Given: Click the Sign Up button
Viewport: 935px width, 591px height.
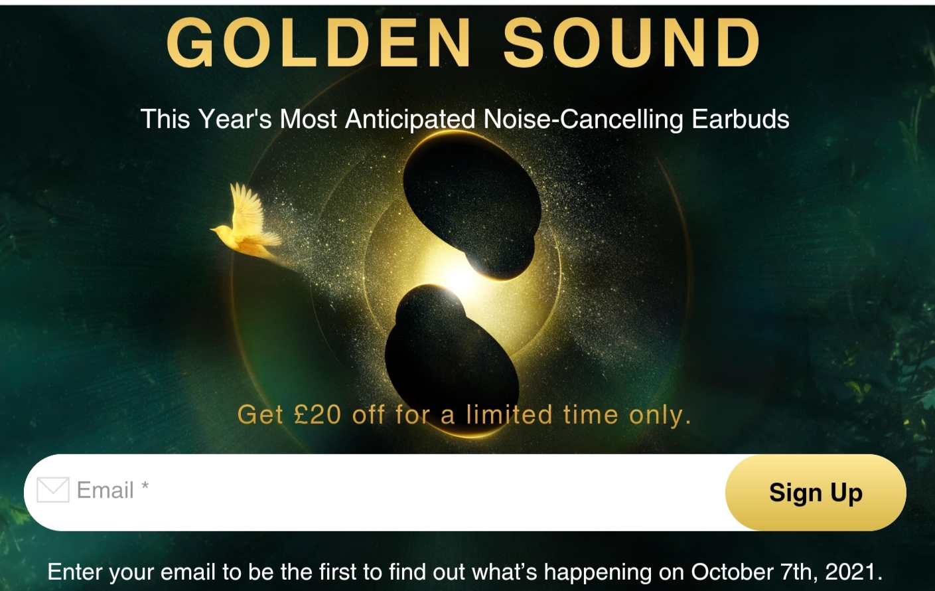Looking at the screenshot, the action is click(x=816, y=493).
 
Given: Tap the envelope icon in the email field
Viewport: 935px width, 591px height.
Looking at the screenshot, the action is click(x=53, y=489).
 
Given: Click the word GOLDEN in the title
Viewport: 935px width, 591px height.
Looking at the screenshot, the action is click(x=319, y=42).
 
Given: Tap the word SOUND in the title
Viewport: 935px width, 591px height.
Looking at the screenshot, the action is click(x=632, y=42).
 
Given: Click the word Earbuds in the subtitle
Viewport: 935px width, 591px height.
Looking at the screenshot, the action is click(x=741, y=119).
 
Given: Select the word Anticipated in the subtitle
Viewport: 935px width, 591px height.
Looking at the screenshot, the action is click(x=410, y=120).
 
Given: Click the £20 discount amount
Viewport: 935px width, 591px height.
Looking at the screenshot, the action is click(x=317, y=415).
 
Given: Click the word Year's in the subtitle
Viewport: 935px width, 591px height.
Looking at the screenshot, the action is click(x=236, y=119).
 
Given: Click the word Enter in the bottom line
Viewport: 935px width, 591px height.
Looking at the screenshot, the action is click(x=75, y=572).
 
